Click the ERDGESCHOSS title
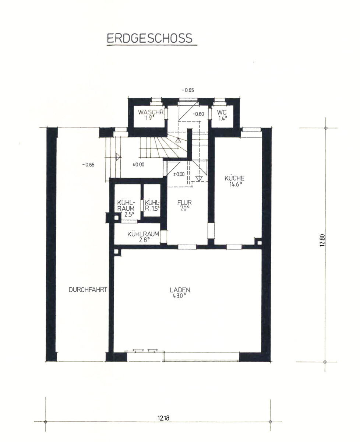pyautogui.click(x=149, y=38)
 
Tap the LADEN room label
pyautogui.click(x=180, y=290)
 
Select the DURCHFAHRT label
pyautogui.click(x=88, y=290)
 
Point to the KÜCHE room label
pyautogui.click(x=234, y=178)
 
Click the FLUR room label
pyautogui.click(x=184, y=203)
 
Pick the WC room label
pyautogui.click(x=222, y=112)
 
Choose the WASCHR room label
pyautogui.click(x=151, y=112)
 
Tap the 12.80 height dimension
pyautogui.click(x=322, y=240)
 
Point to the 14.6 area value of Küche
pyautogui.click(x=235, y=184)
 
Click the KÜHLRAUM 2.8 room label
pyautogui.click(x=143, y=237)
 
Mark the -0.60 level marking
pyautogui.click(x=198, y=114)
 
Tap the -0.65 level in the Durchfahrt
pyautogui.click(x=88, y=165)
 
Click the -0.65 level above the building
pyautogui.click(x=188, y=90)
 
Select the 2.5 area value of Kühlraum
pyautogui.click(x=129, y=214)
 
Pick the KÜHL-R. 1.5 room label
pyautogui.click(x=152, y=206)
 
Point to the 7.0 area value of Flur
pyautogui.click(x=184, y=208)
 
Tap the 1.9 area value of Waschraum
pyautogui.click(x=150, y=118)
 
